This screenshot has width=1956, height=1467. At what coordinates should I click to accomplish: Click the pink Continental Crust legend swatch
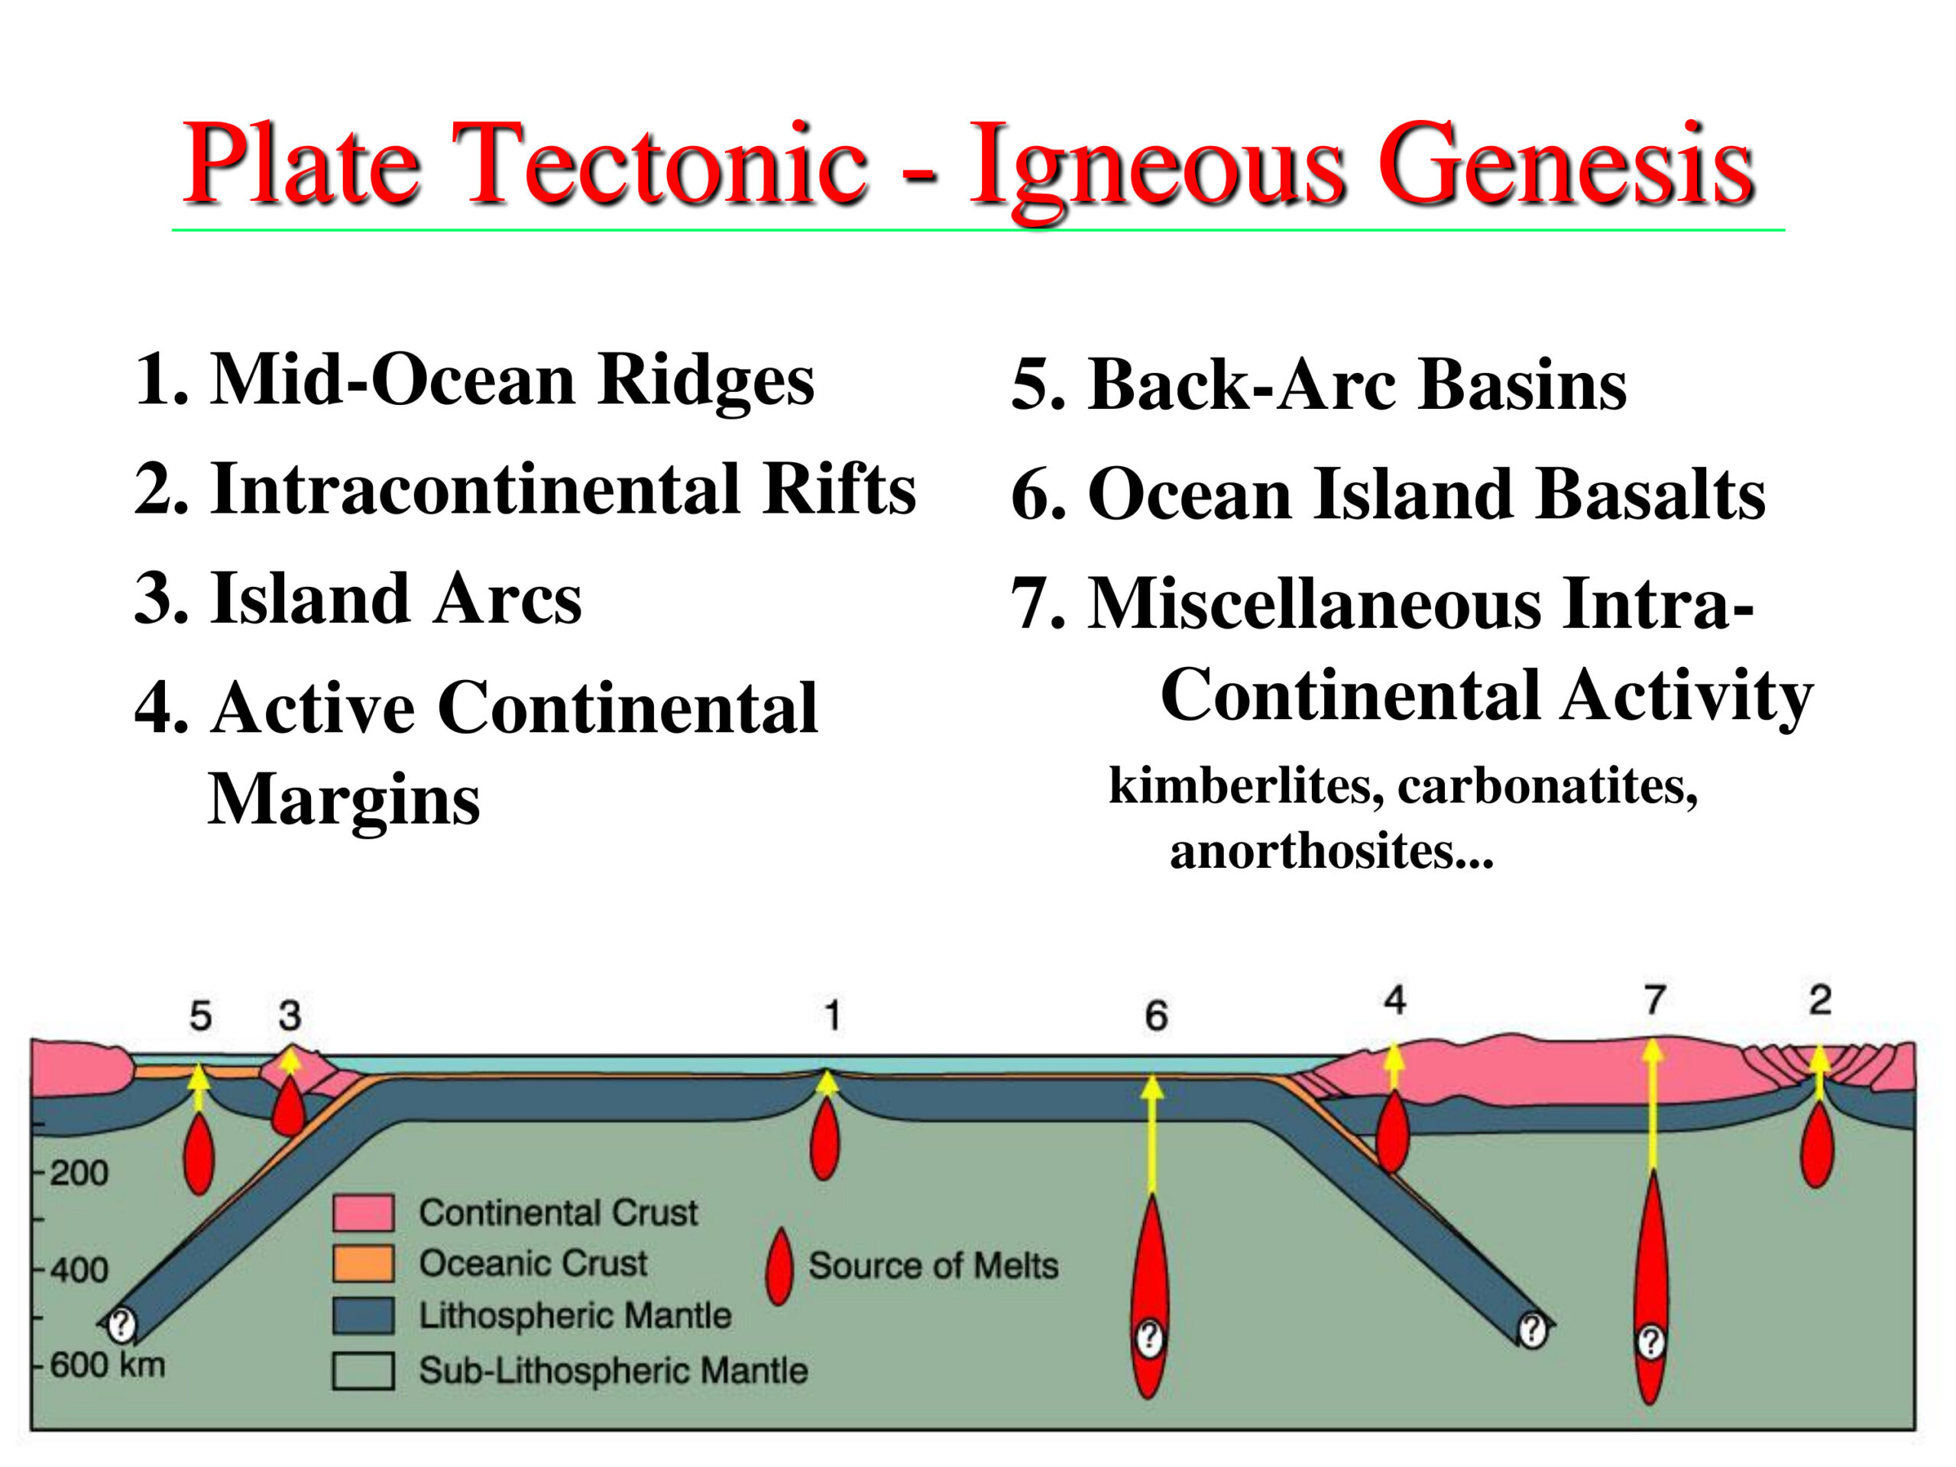tap(364, 1213)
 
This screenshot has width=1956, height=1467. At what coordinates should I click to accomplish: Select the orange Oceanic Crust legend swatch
tap(364, 1264)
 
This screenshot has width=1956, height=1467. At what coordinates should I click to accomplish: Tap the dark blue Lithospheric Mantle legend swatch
tap(364, 1316)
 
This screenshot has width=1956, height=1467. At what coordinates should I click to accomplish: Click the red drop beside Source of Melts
tap(779, 1266)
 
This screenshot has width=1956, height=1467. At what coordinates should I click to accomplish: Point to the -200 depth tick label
tap(74, 1174)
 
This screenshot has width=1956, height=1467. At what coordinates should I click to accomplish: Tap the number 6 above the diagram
tap(1157, 1016)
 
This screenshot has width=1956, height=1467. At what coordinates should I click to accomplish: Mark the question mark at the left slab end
tap(122, 1325)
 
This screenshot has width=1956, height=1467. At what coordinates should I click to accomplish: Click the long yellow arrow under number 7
tap(1653, 1106)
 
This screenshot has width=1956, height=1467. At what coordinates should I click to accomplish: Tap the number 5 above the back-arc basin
tap(201, 1016)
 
